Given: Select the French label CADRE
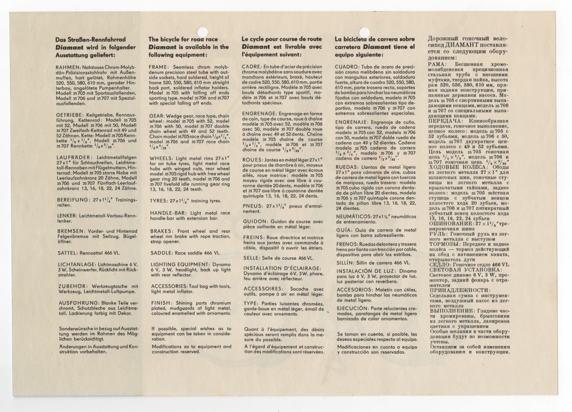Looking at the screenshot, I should tap(250, 67).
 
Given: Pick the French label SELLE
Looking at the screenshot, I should tap(251, 258).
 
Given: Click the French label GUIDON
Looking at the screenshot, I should tap(252, 221).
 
